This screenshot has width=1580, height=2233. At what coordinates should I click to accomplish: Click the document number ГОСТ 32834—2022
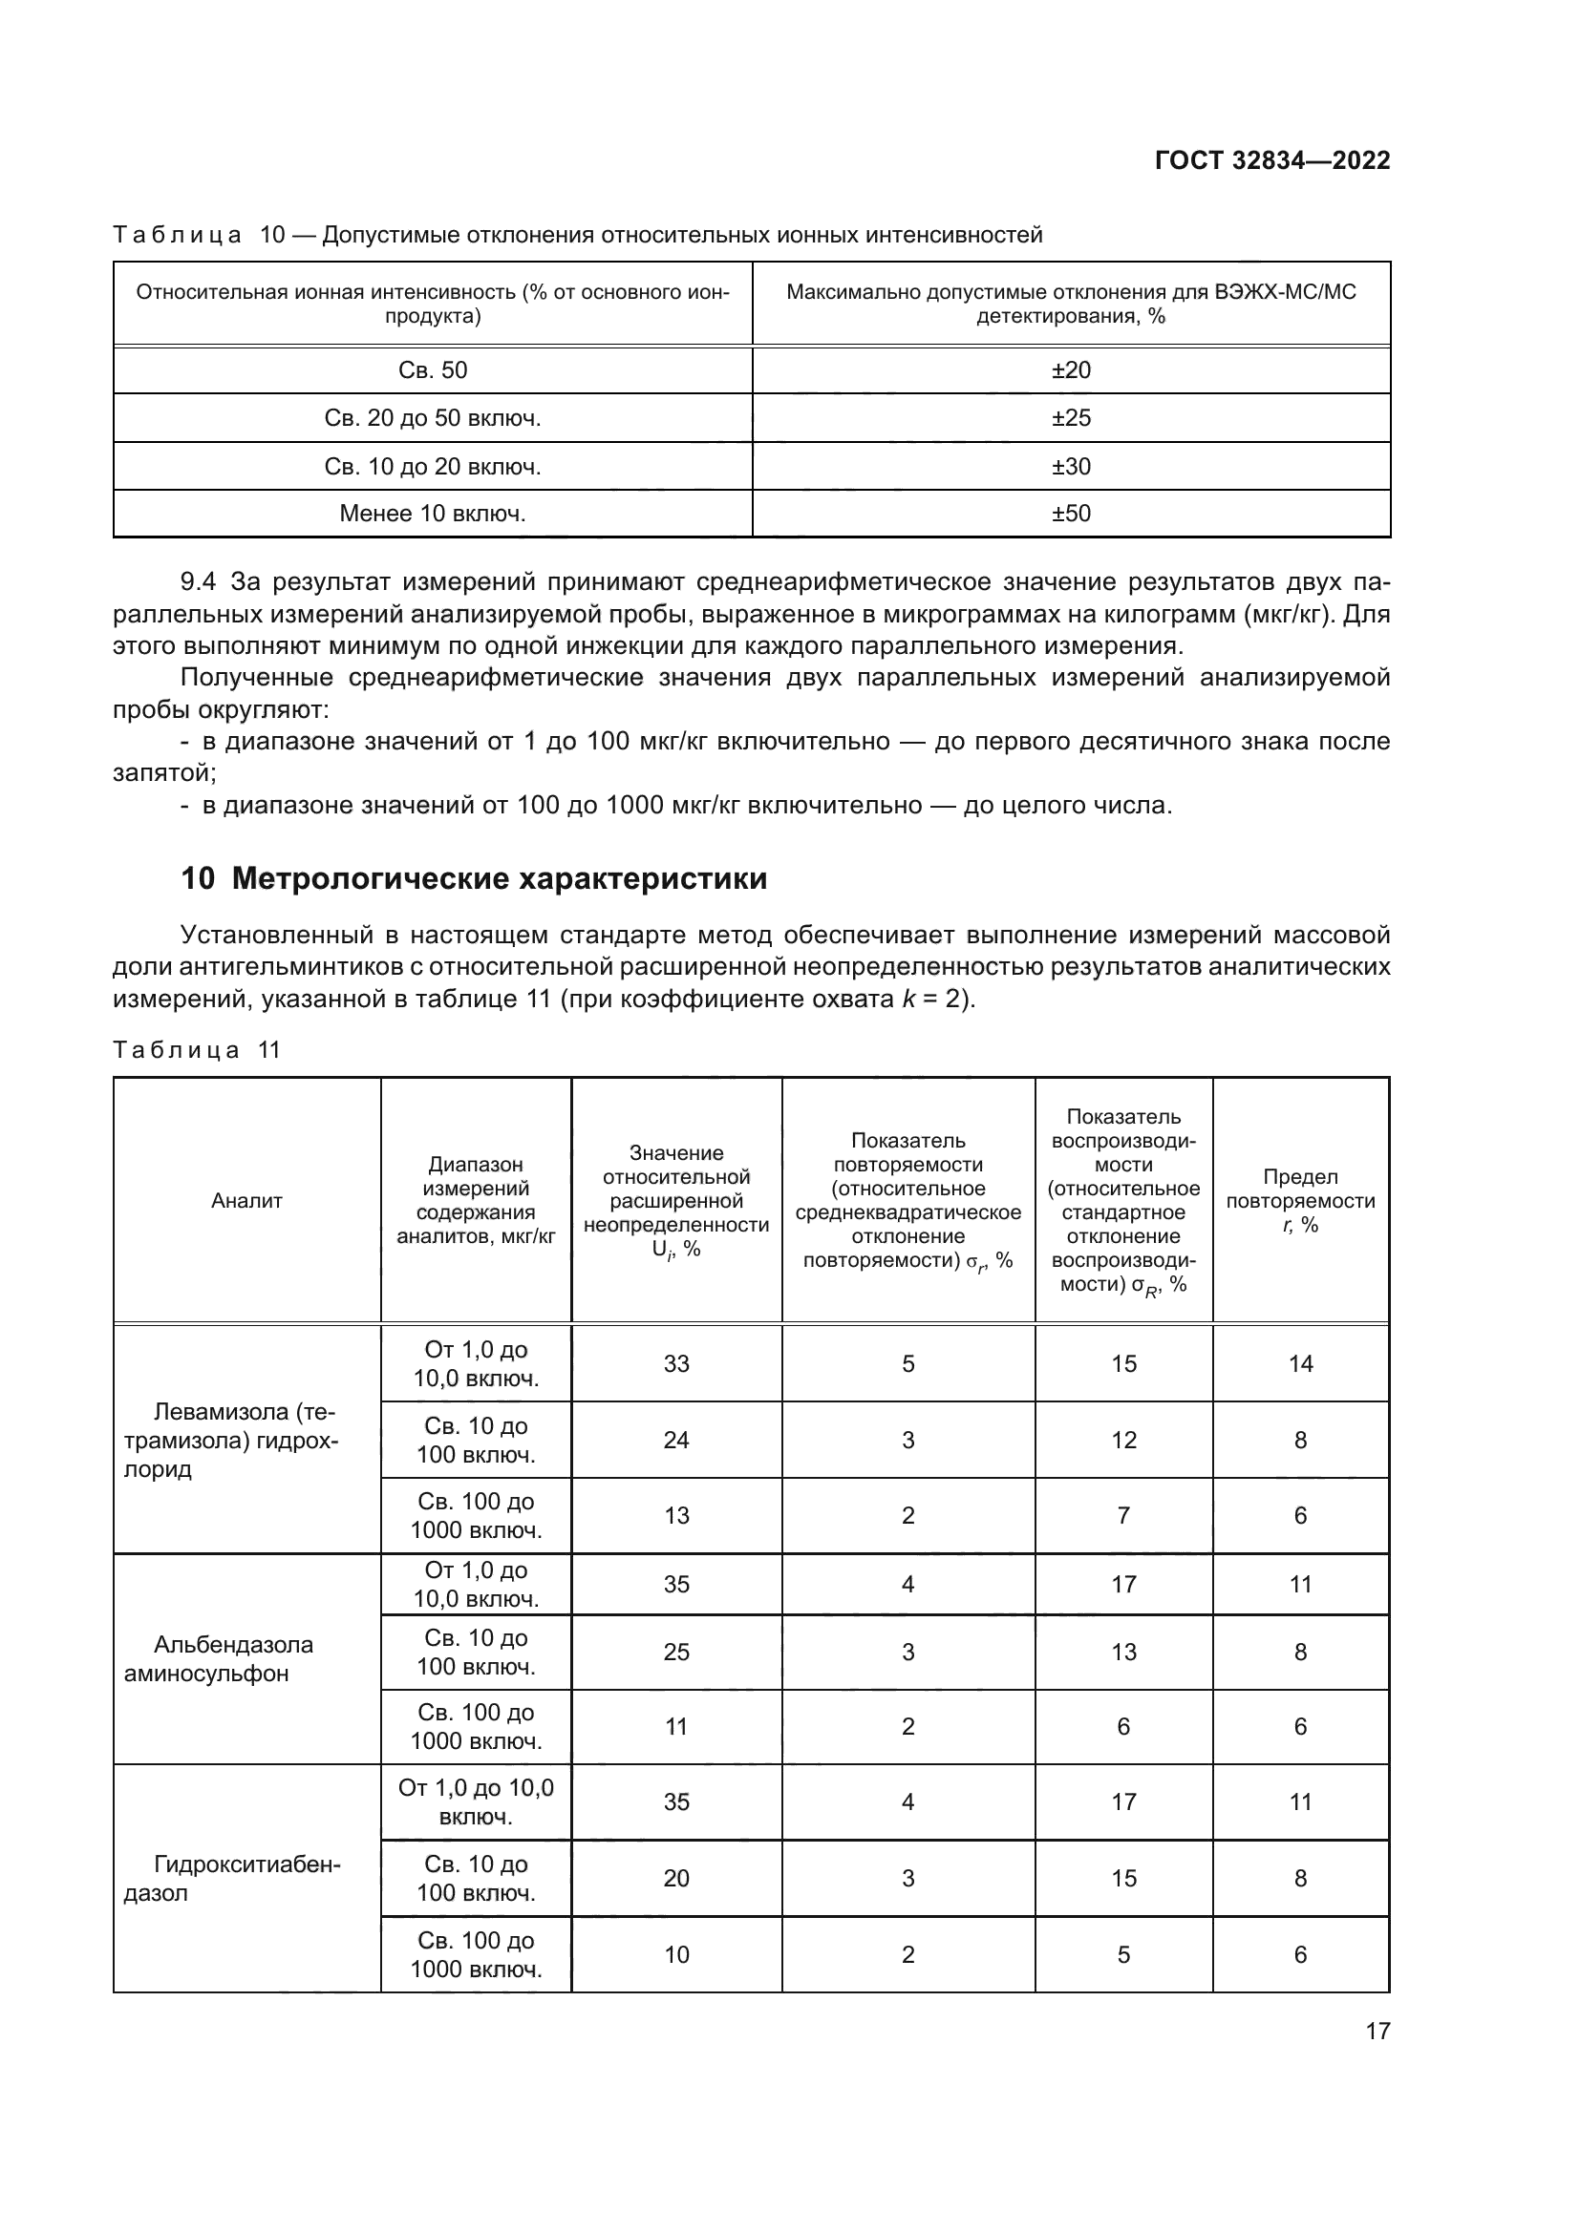coord(1271,160)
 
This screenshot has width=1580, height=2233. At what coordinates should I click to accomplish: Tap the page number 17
coord(1377,2031)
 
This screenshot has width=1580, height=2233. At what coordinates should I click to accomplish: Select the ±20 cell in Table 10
coord(1070,370)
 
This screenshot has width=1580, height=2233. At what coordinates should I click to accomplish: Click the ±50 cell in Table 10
coord(1070,514)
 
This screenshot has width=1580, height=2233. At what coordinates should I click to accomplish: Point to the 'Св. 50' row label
coord(433,370)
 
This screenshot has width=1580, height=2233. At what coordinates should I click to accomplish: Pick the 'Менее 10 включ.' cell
coord(433,514)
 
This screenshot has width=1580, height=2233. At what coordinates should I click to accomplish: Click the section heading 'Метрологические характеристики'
coord(499,878)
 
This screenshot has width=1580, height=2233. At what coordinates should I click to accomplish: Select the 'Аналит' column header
coord(247,1201)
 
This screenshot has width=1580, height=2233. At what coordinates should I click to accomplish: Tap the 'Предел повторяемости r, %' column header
coord(1300,1201)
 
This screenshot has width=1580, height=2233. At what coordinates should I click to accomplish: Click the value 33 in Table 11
coord(676,1363)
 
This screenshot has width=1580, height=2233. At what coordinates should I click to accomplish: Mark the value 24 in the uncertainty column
coord(676,1440)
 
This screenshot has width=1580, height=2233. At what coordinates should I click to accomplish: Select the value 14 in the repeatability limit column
coord(1300,1363)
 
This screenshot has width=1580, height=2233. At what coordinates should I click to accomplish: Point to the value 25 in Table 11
coord(676,1652)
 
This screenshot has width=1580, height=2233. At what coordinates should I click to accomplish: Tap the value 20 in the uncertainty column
coord(676,1878)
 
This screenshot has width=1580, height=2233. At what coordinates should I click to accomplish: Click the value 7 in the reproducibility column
coord(1122,1515)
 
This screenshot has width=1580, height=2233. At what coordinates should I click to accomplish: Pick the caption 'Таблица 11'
coord(197,1050)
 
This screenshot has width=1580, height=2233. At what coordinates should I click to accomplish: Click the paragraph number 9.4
coord(199,582)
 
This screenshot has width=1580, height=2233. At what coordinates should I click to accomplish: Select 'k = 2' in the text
coord(932,999)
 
